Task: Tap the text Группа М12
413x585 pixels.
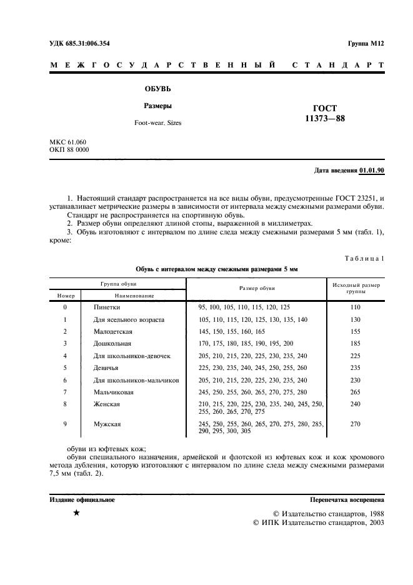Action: [366, 43]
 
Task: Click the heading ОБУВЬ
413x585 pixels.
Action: [157, 89]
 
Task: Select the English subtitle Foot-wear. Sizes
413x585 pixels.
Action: [157, 123]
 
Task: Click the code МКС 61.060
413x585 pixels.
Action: [67, 142]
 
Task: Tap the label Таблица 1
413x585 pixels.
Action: [364, 258]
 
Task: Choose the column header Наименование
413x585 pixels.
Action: [134, 294]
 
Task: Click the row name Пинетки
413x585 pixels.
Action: [107, 307]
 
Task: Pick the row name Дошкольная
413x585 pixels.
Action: [112, 344]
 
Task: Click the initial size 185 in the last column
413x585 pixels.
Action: [356, 344]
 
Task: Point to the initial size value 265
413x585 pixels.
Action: [356, 392]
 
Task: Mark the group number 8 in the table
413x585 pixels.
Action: [65, 404]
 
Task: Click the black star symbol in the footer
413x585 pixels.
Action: [76, 513]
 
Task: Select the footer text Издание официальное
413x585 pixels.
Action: [82, 500]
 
